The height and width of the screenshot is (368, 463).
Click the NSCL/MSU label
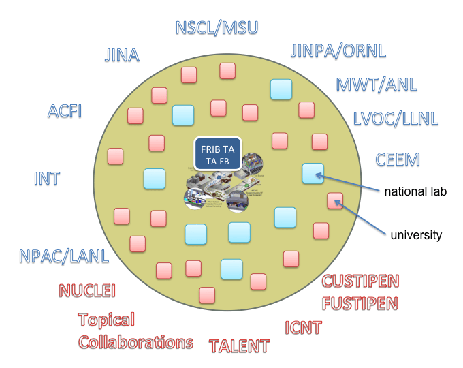tap(217, 28)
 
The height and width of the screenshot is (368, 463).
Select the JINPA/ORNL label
tap(338, 50)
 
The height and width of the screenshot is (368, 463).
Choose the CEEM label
tap(398, 160)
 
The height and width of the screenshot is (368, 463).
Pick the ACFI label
tap(65, 110)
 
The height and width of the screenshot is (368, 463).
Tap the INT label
tap(47, 179)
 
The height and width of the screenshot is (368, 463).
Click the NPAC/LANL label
tap(64, 257)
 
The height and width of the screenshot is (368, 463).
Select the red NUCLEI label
tap(87, 291)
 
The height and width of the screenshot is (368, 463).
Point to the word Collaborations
tap(135, 341)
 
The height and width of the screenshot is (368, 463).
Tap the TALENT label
tap(239, 346)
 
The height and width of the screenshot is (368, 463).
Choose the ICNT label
tap(303, 328)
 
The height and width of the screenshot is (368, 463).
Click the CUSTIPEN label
tap(360, 281)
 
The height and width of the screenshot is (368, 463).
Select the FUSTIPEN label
tap(360, 302)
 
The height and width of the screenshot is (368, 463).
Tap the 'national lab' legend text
tap(415, 191)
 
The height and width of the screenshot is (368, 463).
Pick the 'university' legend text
tap(416, 236)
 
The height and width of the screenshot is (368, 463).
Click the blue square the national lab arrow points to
tap(313, 173)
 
